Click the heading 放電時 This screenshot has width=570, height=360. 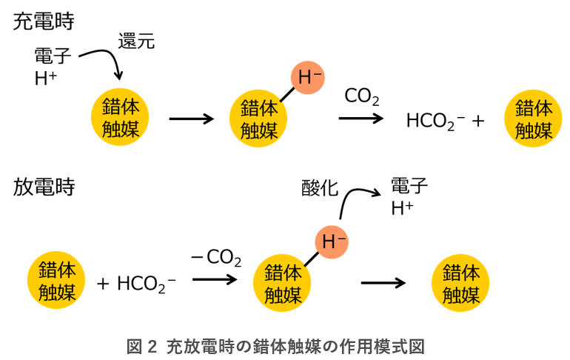44,186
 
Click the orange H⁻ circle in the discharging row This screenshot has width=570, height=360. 333,241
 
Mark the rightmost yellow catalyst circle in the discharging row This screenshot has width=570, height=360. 461,282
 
